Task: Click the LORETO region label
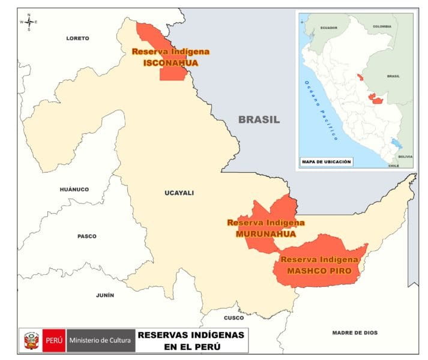coord(77,38)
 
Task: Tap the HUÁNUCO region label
coord(74,190)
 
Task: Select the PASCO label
coord(86,236)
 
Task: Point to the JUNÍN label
coord(104,295)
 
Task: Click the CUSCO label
coord(234,318)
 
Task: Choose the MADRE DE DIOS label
coord(355,332)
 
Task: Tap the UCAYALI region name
coord(179,193)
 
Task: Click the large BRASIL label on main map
coord(259,119)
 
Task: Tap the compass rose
coord(29,22)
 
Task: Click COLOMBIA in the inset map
coord(382,26)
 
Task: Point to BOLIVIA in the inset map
coord(405,156)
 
